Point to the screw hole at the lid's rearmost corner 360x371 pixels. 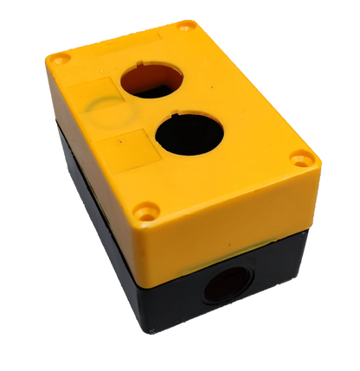[185, 25]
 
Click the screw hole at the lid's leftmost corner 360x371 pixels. [59, 59]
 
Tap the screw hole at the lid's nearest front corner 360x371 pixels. [148, 209]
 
